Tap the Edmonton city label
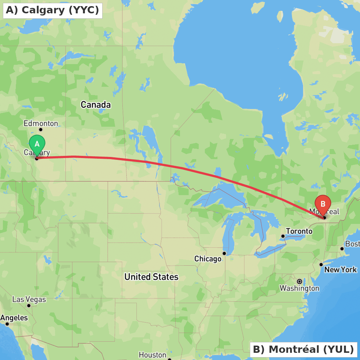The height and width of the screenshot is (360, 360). (41, 123)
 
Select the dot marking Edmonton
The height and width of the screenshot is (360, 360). (41, 130)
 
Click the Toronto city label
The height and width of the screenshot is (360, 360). (299, 231)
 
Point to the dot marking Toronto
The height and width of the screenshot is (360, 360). (283, 236)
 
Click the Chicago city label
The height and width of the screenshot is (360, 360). (208, 259)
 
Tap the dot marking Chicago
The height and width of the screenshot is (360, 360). (224, 253)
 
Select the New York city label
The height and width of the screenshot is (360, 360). (340, 270)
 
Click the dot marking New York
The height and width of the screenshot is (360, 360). (321, 265)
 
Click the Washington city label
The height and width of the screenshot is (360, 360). (299, 288)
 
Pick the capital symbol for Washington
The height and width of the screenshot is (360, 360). (300, 281)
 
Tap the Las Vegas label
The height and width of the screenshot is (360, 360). (29, 299)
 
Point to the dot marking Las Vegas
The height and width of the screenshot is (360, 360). (29, 306)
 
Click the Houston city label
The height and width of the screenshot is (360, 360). (152, 355)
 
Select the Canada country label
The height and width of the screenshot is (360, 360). (95, 105)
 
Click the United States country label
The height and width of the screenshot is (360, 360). (151, 277)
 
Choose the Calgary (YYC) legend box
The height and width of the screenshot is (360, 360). (53, 10)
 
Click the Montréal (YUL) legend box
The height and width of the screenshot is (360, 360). (303, 349)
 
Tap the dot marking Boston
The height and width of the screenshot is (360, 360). (342, 248)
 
